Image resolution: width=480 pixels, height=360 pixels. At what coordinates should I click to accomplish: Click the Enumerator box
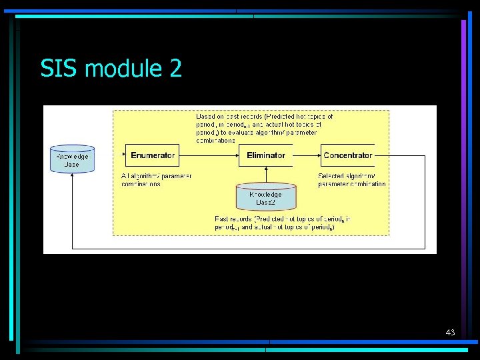coord(153,155)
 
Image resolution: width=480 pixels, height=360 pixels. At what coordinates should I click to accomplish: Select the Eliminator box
coord(266,155)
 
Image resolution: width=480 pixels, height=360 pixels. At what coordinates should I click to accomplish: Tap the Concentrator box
coord(347,155)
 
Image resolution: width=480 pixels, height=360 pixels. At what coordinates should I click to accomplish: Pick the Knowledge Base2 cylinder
coord(265,197)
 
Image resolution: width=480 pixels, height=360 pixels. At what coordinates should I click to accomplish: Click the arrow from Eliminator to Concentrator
coord(307,155)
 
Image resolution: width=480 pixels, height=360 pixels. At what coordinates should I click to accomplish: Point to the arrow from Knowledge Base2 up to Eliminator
coord(265,175)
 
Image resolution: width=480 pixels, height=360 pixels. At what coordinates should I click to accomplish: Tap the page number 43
coord(450,332)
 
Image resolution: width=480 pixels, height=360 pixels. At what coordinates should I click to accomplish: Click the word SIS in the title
coord(60,69)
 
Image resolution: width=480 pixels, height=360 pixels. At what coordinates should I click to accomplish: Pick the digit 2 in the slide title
coord(175,69)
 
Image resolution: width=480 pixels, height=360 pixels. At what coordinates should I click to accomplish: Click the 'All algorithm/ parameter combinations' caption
coord(156,180)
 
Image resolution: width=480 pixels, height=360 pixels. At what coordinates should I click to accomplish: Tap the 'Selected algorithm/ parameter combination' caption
coord(351,180)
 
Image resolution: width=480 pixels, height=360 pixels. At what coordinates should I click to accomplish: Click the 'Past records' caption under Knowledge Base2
coord(283,222)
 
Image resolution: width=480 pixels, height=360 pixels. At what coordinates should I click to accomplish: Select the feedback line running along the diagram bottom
coord(247,248)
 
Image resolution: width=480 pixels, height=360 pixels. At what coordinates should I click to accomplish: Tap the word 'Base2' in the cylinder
coord(265,201)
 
